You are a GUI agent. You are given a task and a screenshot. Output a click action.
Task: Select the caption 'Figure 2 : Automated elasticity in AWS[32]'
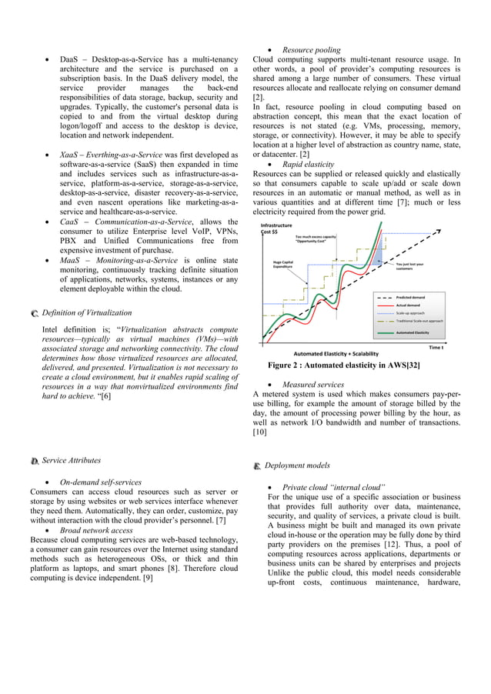[x=343, y=365]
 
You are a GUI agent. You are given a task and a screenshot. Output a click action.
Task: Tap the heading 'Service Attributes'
[x=71, y=461]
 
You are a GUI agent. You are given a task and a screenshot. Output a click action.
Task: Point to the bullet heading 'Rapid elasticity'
[x=308, y=164]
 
